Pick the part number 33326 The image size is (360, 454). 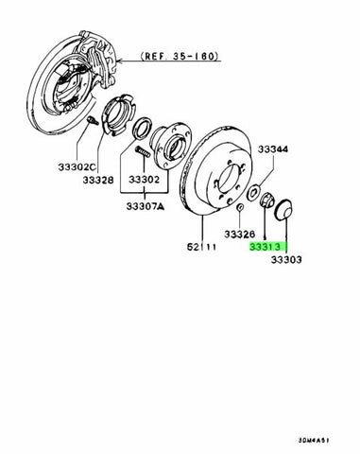coord(240,232)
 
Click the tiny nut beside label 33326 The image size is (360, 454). coord(244,208)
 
